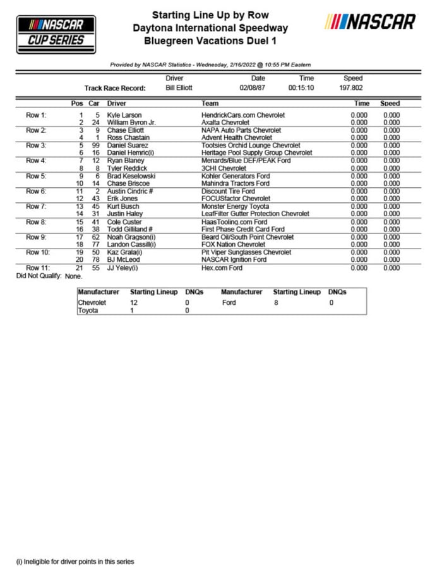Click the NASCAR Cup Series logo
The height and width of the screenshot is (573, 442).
click(x=56, y=34)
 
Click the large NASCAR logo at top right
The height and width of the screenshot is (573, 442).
click(x=370, y=23)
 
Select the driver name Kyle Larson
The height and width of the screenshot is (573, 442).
click(x=124, y=115)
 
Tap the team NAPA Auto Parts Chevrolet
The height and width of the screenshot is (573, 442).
click(x=241, y=130)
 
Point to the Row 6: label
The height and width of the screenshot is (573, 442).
click(x=35, y=191)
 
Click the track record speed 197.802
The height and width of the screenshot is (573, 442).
click(x=352, y=88)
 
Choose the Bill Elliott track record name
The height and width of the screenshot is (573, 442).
click(x=179, y=88)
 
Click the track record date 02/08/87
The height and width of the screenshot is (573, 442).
click(x=253, y=88)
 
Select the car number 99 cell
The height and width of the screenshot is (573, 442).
click(x=95, y=145)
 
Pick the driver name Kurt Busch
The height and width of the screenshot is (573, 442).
click(x=124, y=206)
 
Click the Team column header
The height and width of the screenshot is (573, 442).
click(x=210, y=103)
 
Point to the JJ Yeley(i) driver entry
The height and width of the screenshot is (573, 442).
click(x=122, y=268)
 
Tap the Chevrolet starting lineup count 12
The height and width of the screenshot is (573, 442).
click(x=133, y=303)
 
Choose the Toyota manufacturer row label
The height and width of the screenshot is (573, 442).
click(x=88, y=311)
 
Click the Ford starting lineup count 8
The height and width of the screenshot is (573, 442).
click(x=275, y=303)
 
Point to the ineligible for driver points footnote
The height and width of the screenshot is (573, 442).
click(x=75, y=561)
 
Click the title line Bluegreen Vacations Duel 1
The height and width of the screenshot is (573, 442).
click(x=210, y=41)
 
